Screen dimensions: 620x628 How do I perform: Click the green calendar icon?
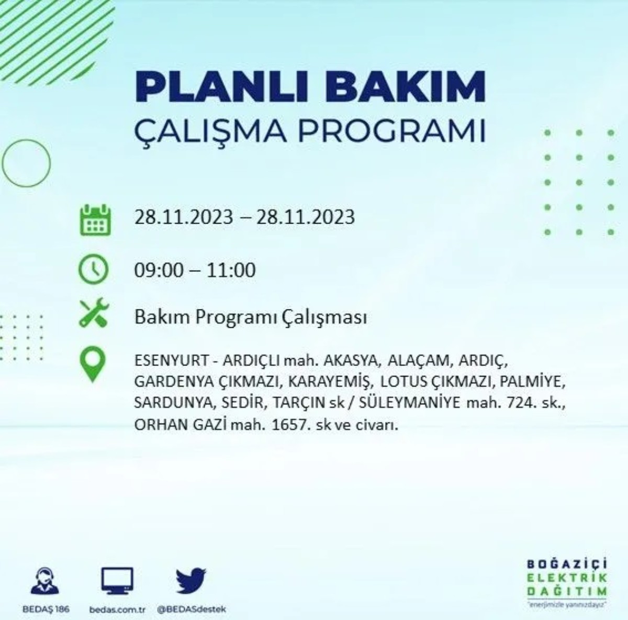pyautogui.click(x=95, y=220)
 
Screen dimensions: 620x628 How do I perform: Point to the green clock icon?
pyautogui.click(x=94, y=270)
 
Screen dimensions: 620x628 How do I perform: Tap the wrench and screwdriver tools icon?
pyautogui.click(x=94, y=313)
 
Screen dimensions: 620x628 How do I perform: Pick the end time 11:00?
pyautogui.click(x=231, y=270)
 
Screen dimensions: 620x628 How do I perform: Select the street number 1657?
pyautogui.click(x=289, y=425)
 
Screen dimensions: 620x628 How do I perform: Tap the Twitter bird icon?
pyautogui.click(x=191, y=581)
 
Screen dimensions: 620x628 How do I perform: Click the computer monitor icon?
pyautogui.click(x=117, y=581)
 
